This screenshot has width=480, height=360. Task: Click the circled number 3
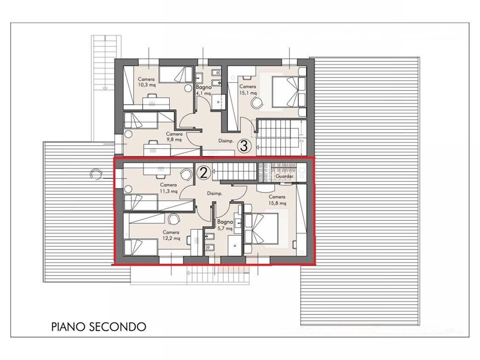pyautogui.click(x=244, y=146)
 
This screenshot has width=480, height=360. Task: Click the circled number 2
pyautogui.click(x=203, y=173)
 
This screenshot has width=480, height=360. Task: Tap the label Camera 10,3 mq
pyautogui.click(x=146, y=82)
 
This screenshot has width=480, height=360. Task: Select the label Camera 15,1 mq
pyautogui.click(x=248, y=89)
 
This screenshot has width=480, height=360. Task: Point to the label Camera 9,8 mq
pyautogui.click(x=174, y=137)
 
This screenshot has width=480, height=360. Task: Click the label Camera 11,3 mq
pyautogui.click(x=169, y=188)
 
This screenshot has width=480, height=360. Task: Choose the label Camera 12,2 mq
pyautogui.click(x=171, y=235)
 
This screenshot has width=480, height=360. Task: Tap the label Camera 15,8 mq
pyautogui.click(x=277, y=200)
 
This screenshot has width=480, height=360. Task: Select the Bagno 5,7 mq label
pyautogui.click(x=225, y=225)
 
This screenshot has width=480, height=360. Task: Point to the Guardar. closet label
pyautogui.click(x=285, y=176)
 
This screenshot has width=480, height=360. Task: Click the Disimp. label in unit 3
pyautogui.click(x=226, y=141)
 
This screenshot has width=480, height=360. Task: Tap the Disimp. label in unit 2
pyautogui.click(x=214, y=194)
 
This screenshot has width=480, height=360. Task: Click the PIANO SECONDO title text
pyautogui.click(x=98, y=326)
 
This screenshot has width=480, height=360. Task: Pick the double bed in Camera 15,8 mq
pyautogui.click(x=262, y=231)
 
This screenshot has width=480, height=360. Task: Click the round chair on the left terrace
pyautogui.click(x=96, y=174)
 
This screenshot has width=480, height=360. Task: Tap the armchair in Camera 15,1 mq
pyautogui.click(x=257, y=102)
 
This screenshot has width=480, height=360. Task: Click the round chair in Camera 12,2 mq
pyautogui.click(x=174, y=219)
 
